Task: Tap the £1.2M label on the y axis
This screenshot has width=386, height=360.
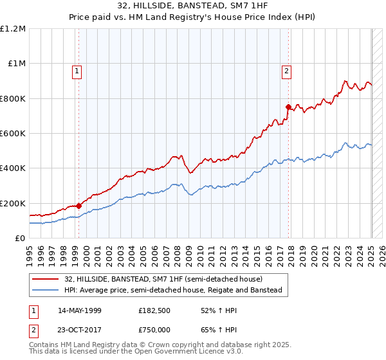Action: coord(13,29)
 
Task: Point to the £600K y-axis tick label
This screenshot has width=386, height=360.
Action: coord(13,134)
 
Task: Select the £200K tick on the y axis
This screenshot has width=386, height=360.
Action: coord(13,203)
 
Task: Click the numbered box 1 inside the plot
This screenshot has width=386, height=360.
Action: coord(77,71)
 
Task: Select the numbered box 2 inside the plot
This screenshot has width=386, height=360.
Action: coord(286,71)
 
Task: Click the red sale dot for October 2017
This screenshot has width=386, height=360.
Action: coord(289,107)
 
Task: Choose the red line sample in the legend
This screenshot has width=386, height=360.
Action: coord(46,280)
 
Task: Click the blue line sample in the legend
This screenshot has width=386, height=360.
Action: coord(46,290)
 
